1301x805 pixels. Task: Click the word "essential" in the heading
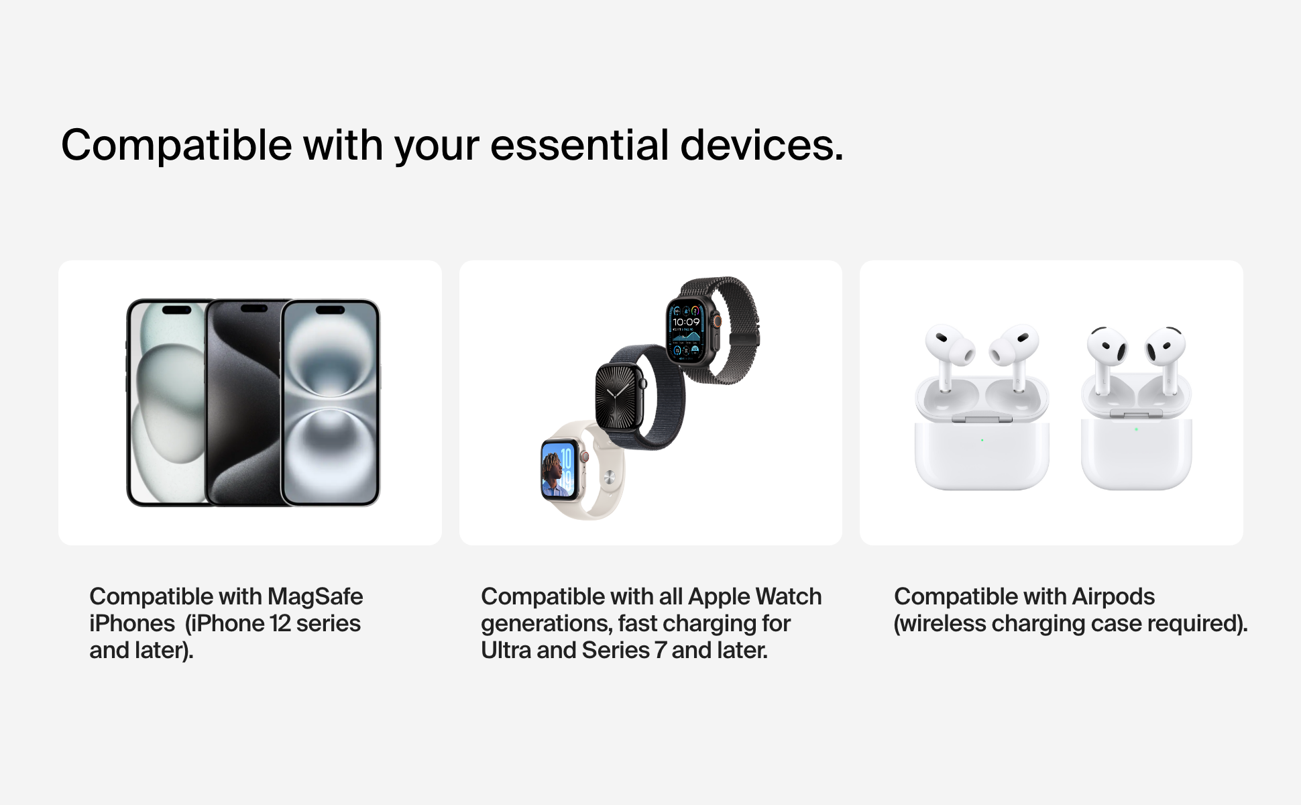coord(579,145)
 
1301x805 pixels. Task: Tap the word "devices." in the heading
coord(762,145)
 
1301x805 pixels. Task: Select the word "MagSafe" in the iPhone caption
coord(315,597)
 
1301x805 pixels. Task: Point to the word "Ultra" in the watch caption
coord(506,650)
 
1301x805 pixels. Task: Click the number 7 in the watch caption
coord(660,651)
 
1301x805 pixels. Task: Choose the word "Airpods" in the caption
coord(1113,597)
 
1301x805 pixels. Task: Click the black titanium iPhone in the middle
coord(243,402)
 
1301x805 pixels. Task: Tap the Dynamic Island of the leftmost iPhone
coord(177,310)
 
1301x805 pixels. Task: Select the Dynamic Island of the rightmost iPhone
coord(330,310)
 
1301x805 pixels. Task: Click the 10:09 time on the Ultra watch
coord(685,322)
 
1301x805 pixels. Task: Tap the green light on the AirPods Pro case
coord(982,440)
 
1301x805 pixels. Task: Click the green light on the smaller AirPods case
coord(1136,429)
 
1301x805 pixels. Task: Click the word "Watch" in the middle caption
coord(789,597)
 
